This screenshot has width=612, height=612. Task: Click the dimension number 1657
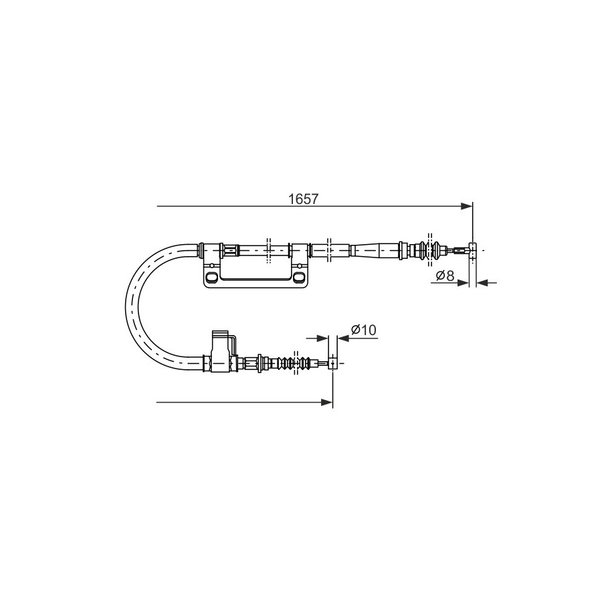(303, 199)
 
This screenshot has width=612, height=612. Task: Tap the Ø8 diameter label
(445, 276)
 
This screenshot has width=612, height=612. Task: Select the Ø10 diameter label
(363, 330)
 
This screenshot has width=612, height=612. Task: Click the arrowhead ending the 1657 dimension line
(466, 206)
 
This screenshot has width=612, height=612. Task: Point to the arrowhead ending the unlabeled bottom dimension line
(326, 402)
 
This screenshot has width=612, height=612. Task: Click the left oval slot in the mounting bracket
(212, 277)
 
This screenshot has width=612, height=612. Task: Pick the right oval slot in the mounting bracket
(299, 277)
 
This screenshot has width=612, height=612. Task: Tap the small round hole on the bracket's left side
(212, 266)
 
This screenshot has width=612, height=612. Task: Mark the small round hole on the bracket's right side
(300, 266)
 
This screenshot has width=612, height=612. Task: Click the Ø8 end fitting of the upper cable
(472, 250)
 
